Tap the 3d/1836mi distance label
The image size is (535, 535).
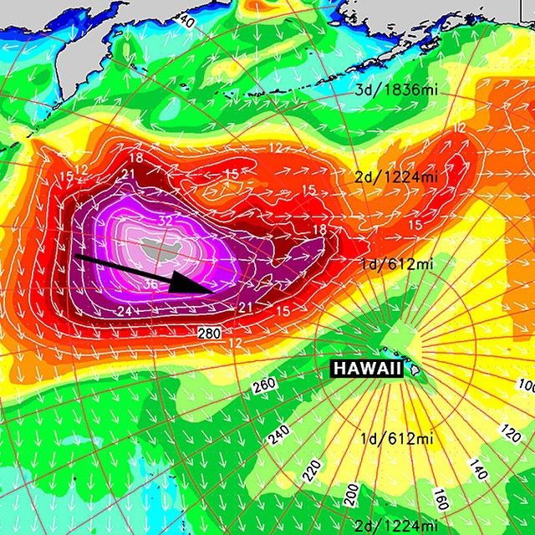390,89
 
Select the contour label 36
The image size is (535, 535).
150,283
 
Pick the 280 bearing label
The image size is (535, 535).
210,334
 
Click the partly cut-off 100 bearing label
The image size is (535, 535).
527,385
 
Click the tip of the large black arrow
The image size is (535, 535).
206,289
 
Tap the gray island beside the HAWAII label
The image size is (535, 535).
415,369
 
